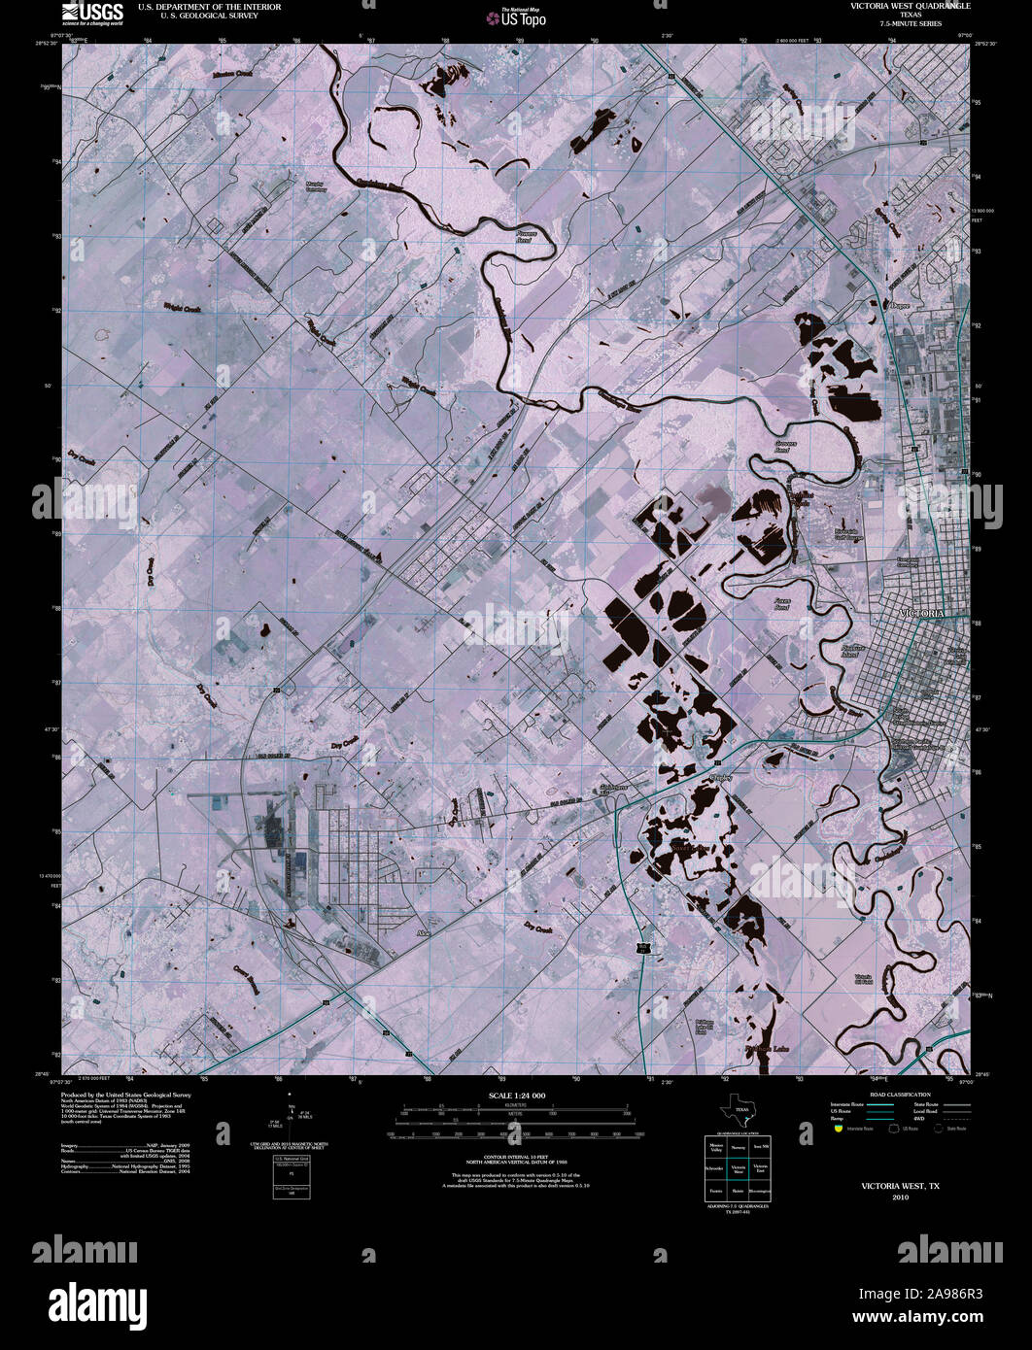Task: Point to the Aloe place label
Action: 423,931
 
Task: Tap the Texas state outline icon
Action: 736,1111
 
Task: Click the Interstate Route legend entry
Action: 846,1105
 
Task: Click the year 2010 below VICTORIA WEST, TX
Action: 899,1198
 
